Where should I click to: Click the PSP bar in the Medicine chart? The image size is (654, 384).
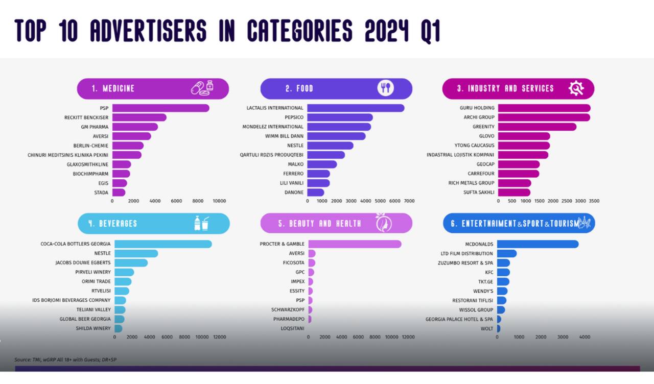[x=160, y=108]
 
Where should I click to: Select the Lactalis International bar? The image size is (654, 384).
[x=356, y=108]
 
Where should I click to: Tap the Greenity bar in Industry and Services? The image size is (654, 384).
[x=537, y=127]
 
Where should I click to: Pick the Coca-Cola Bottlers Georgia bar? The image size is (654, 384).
[x=163, y=244]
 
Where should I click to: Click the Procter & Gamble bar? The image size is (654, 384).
[x=355, y=244]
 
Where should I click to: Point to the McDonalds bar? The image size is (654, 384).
[x=538, y=244]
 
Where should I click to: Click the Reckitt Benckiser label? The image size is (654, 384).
[x=86, y=117]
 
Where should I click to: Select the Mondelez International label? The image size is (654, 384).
[x=272, y=127]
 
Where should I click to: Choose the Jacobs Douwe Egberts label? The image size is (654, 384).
[x=83, y=263]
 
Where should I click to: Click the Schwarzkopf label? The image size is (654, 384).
[x=288, y=310]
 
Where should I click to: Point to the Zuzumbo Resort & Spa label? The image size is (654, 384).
[x=465, y=263]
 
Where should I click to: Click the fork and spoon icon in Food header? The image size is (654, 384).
[x=386, y=88]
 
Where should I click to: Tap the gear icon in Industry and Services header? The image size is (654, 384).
[x=576, y=88]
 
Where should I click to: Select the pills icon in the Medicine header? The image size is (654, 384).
[x=202, y=88]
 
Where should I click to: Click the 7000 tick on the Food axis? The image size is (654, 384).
[x=409, y=201]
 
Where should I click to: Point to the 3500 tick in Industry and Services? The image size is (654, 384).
[x=594, y=201]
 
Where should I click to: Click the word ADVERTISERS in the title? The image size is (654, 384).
[x=148, y=31]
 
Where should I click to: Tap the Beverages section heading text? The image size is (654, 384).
[x=118, y=224]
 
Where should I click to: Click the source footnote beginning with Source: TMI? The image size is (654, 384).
[x=65, y=359]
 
